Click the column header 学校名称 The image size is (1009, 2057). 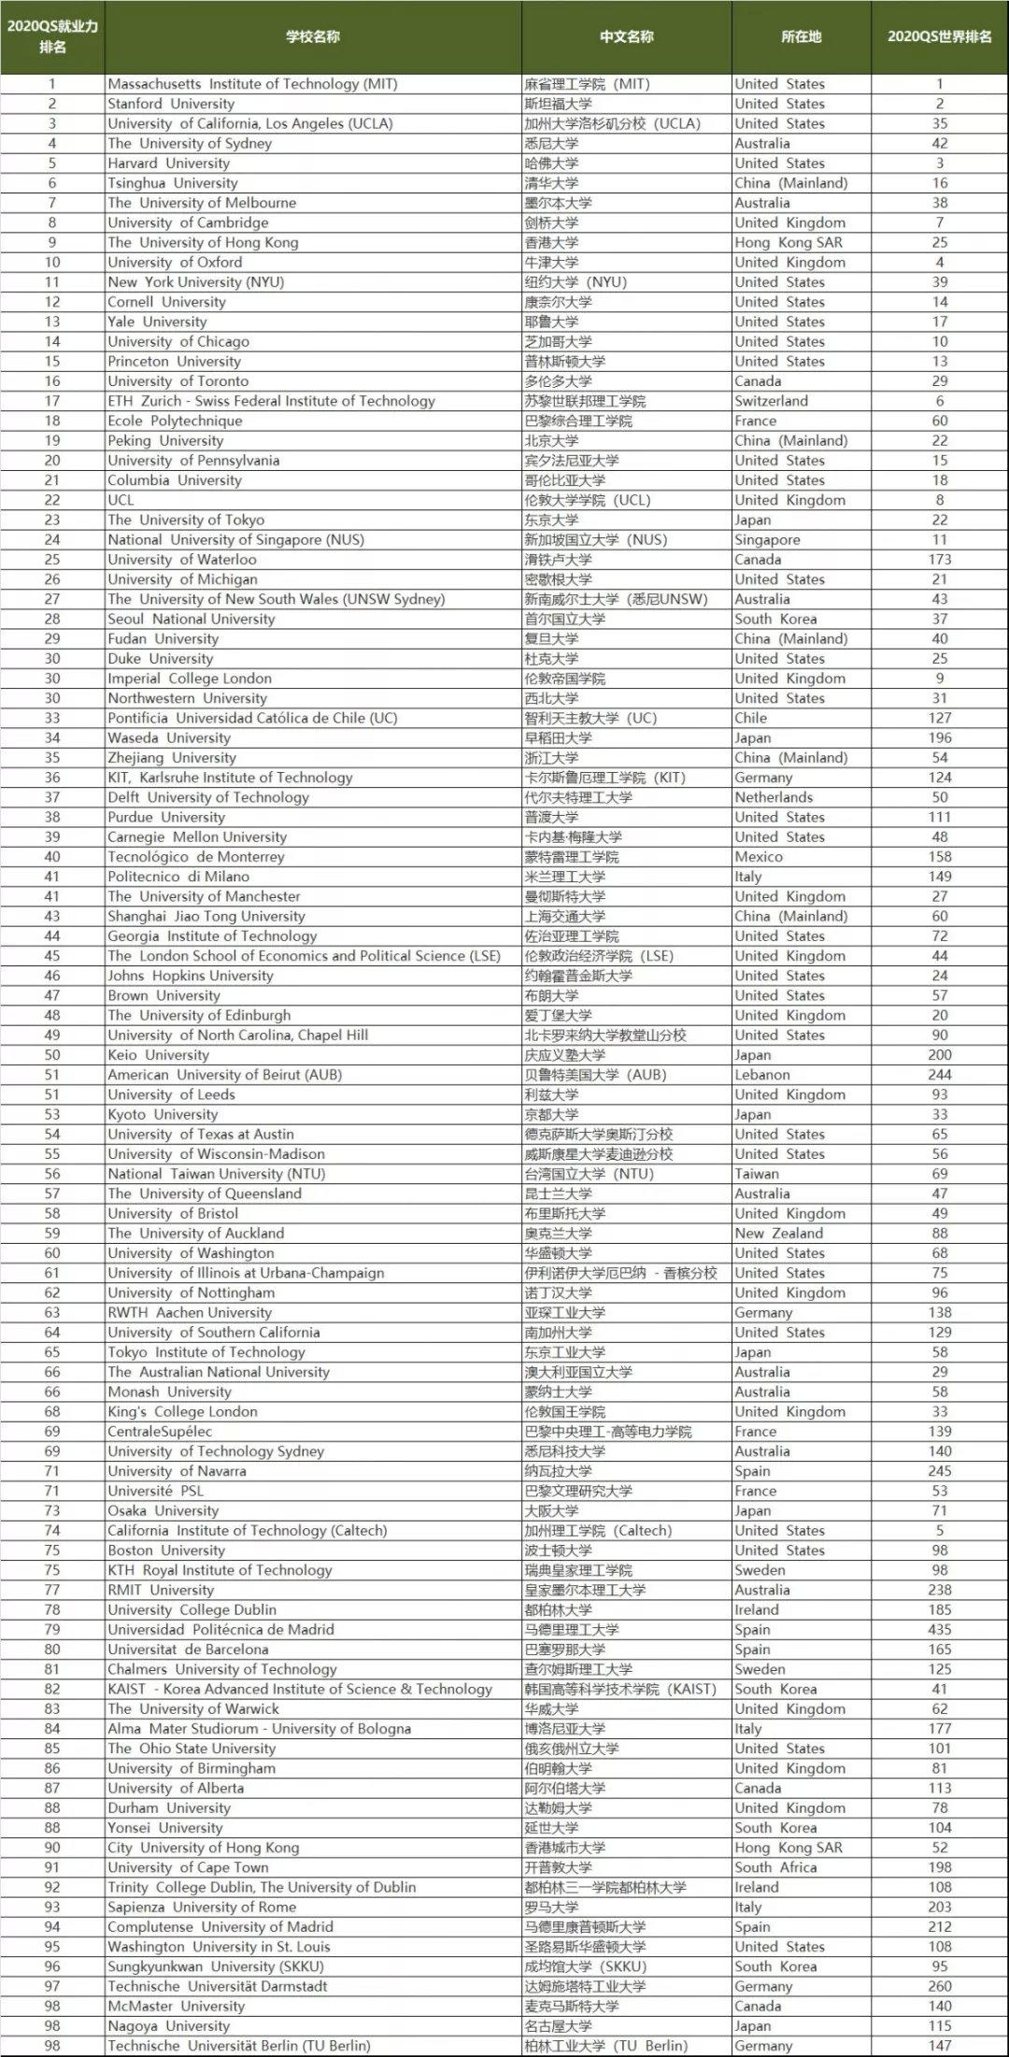[x=313, y=36]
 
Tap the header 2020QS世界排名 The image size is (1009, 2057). [x=939, y=36]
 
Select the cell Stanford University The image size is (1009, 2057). [x=171, y=104]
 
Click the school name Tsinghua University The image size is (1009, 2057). [x=173, y=183]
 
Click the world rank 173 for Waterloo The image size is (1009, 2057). [x=940, y=559]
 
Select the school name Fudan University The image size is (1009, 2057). [x=163, y=638]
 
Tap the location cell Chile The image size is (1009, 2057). [x=751, y=718]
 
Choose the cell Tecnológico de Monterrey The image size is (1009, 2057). [x=196, y=856]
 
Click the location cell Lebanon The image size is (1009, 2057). [x=762, y=1075]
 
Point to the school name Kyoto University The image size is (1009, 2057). [x=163, y=1114]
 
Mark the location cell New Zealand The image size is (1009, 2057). [x=779, y=1233]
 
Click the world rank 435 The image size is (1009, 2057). [x=940, y=1629]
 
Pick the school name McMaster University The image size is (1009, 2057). [x=177, y=2006]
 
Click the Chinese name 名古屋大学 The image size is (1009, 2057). [x=558, y=2026]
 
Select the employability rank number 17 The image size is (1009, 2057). [x=52, y=401]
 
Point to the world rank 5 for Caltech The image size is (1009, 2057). [x=940, y=1530]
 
